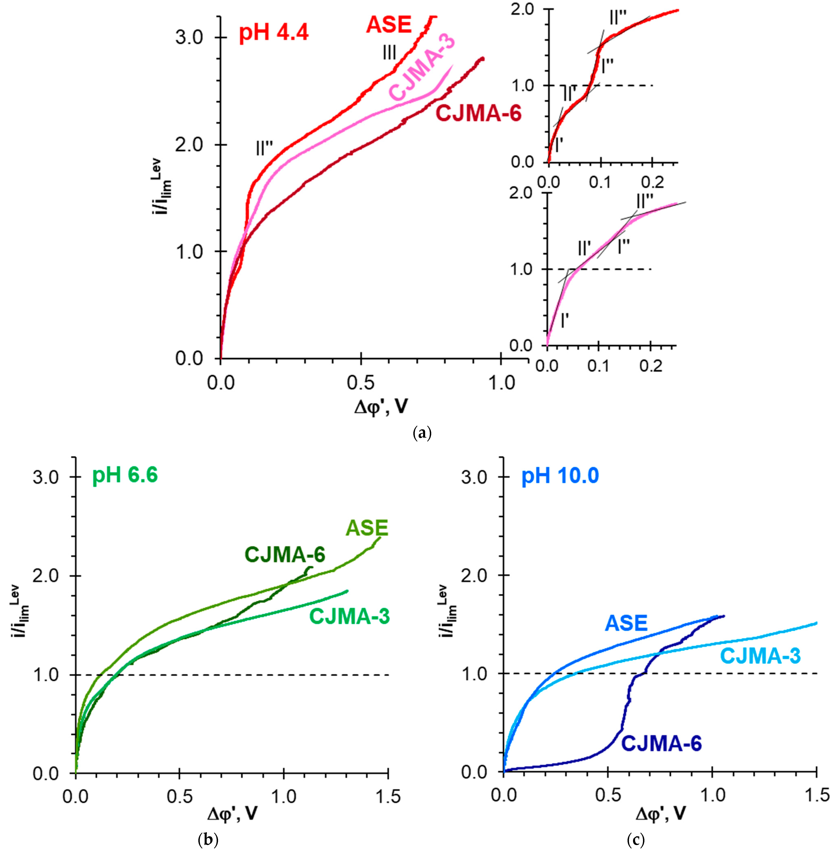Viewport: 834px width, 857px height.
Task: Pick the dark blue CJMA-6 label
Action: [x=661, y=744]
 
